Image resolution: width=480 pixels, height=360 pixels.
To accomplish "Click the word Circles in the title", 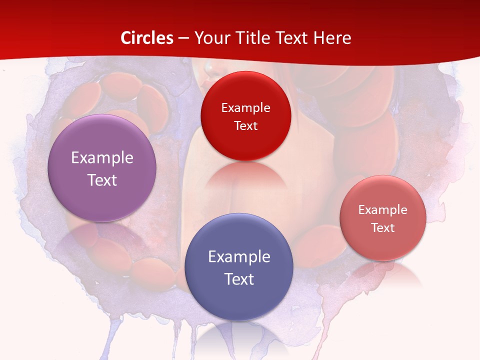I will click(147, 38).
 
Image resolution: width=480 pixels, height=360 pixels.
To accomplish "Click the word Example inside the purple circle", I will click(102, 158).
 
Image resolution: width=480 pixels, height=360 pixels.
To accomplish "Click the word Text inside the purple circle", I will click(102, 180).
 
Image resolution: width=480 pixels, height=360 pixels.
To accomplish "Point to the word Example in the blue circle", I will click(239, 257).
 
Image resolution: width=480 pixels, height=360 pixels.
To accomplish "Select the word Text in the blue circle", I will click(239, 279).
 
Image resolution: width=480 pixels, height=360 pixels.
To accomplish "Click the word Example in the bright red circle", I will click(245, 108).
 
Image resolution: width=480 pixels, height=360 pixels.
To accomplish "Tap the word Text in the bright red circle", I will click(245, 126).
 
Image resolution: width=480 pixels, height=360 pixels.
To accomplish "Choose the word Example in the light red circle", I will click(383, 210).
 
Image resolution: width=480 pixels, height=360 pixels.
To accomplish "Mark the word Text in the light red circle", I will click(383, 228).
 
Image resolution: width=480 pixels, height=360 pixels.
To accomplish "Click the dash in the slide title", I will click(183, 38).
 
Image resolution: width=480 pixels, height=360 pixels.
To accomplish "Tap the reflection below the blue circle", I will click(239, 337).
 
